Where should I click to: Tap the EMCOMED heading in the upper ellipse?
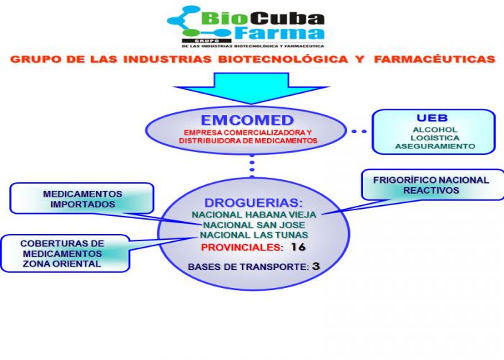tap(248, 120)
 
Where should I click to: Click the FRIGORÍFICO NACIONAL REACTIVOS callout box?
tap(431, 185)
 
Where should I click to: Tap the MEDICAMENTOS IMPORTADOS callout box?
tap(82, 199)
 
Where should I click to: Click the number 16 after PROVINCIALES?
tap(298, 247)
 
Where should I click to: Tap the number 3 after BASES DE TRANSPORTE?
tap(315, 266)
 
